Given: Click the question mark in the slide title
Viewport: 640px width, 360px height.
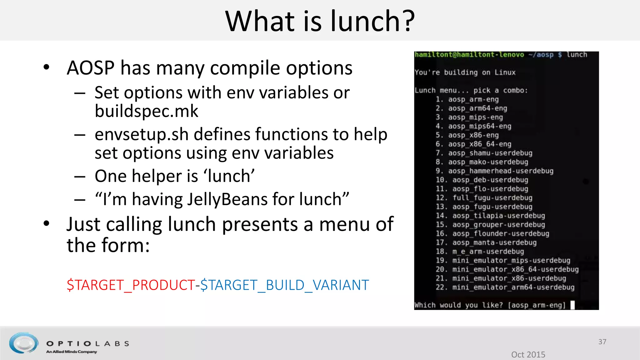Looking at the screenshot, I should [407, 21].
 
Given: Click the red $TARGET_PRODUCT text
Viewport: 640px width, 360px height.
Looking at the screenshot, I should [131, 285].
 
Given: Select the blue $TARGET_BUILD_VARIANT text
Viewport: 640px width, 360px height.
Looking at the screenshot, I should [285, 285].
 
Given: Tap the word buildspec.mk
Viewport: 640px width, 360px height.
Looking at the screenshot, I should [146, 111].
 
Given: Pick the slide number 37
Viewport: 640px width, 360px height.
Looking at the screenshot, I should [602, 342].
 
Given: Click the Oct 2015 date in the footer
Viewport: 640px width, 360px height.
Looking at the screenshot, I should [528, 354].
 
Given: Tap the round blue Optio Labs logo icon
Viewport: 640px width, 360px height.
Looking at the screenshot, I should [24, 343].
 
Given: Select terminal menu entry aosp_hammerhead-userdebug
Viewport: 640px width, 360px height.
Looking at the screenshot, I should [501, 171].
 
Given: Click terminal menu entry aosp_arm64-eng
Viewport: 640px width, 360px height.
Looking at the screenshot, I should [477, 108].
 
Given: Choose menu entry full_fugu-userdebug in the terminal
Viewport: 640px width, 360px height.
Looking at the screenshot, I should [492, 198].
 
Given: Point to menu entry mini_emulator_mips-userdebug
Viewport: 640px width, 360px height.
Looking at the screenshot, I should [511, 260].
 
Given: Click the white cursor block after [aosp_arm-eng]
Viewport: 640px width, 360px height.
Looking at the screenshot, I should [572, 305].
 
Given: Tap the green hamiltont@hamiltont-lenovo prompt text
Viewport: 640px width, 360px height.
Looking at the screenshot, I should [469, 55].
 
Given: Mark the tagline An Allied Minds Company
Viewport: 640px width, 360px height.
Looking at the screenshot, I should [72, 352].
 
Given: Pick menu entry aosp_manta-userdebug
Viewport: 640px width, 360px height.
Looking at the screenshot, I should [494, 242].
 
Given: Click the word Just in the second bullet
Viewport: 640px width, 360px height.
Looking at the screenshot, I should [83, 224].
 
